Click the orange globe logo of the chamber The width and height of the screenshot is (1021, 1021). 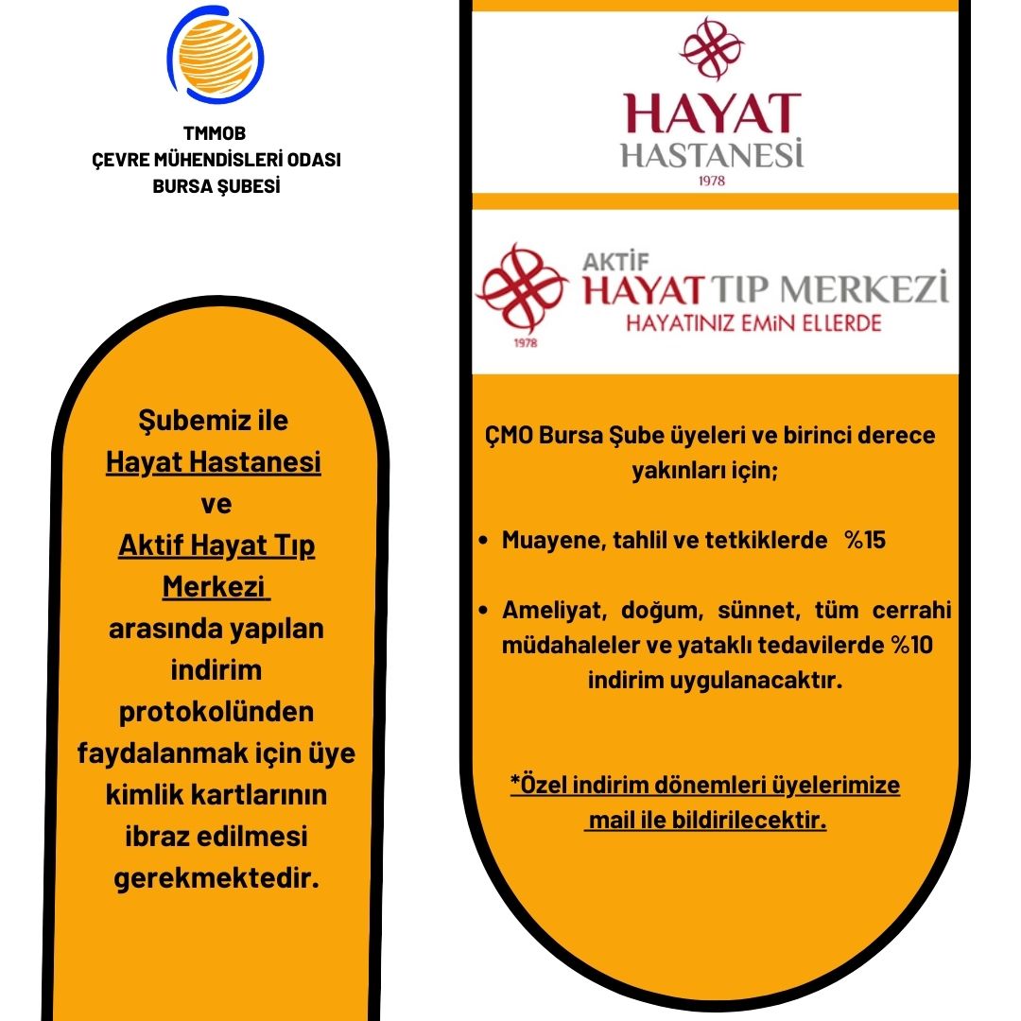[216, 54]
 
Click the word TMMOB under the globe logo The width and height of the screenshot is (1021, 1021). [216, 134]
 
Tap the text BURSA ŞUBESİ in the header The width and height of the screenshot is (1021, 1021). [216, 186]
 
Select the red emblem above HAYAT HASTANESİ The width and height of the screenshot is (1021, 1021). [712, 47]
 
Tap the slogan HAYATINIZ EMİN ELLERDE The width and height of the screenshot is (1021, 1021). [753, 323]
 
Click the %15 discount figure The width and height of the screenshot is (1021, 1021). [865, 541]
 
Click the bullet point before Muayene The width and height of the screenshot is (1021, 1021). [484, 542]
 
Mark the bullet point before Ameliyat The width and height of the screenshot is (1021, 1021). [484, 611]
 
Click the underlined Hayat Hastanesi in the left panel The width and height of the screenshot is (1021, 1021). [214, 462]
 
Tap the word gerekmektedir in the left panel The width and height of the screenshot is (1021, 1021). [216, 879]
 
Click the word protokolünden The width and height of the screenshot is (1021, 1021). [216, 712]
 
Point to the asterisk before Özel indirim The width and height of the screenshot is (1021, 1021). [514, 785]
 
